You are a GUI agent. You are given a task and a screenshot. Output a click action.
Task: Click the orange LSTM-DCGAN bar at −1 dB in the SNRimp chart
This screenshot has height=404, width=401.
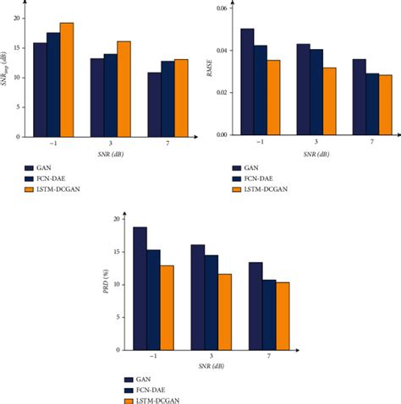coord(66,80)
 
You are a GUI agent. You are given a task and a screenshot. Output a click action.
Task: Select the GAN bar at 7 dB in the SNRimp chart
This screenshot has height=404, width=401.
coord(154,105)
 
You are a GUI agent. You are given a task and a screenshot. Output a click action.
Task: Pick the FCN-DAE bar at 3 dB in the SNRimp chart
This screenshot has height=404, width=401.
coord(110,96)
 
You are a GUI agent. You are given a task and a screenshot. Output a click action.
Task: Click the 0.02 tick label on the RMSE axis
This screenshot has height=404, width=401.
coord(222,92)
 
